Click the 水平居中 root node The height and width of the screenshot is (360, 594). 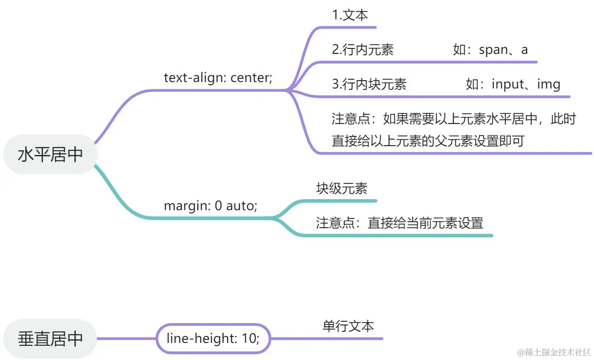tap(50, 154)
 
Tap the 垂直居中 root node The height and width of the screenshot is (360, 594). tap(50, 339)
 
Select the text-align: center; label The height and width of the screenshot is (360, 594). tap(218, 77)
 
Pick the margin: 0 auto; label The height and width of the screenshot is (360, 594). tap(210, 206)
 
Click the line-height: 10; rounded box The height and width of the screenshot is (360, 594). tap(213, 339)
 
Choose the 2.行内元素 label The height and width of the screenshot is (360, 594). tap(362, 50)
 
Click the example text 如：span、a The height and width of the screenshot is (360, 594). tap(490, 50)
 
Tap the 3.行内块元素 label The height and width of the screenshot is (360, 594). tap(369, 84)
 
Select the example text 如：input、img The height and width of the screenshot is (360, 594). tap(513, 84)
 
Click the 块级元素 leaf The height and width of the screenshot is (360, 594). tap(342, 189)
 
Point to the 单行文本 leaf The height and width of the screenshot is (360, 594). tap(348, 326)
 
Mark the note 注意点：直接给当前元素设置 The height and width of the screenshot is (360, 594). tap(399, 223)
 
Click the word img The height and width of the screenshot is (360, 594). tap(549, 84)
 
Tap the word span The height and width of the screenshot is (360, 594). tap(493, 50)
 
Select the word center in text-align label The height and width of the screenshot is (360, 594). tap(251, 77)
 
